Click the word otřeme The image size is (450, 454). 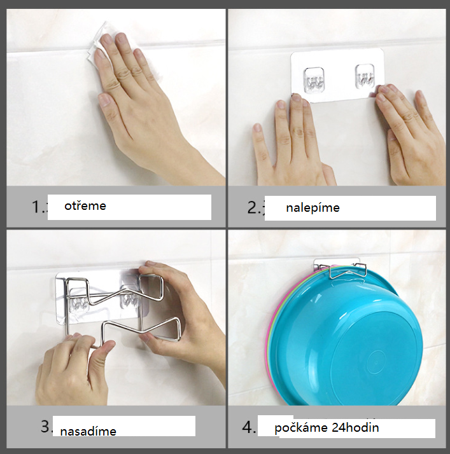pyautogui.click(x=85, y=206)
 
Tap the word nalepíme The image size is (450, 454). pyautogui.click(x=313, y=208)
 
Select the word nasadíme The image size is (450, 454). pyautogui.click(x=88, y=431)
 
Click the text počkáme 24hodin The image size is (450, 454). pyautogui.click(x=327, y=428)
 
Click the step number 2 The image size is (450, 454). pyautogui.click(x=254, y=207)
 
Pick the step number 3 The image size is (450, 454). pyautogui.click(x=46, y=426)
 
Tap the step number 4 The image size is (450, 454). pyautogui.click(x=248, y=427)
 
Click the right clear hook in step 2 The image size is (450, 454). pyautogui.click(x=365, y=76)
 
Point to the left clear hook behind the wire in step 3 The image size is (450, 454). pyautogui.click(x=77, y=301)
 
